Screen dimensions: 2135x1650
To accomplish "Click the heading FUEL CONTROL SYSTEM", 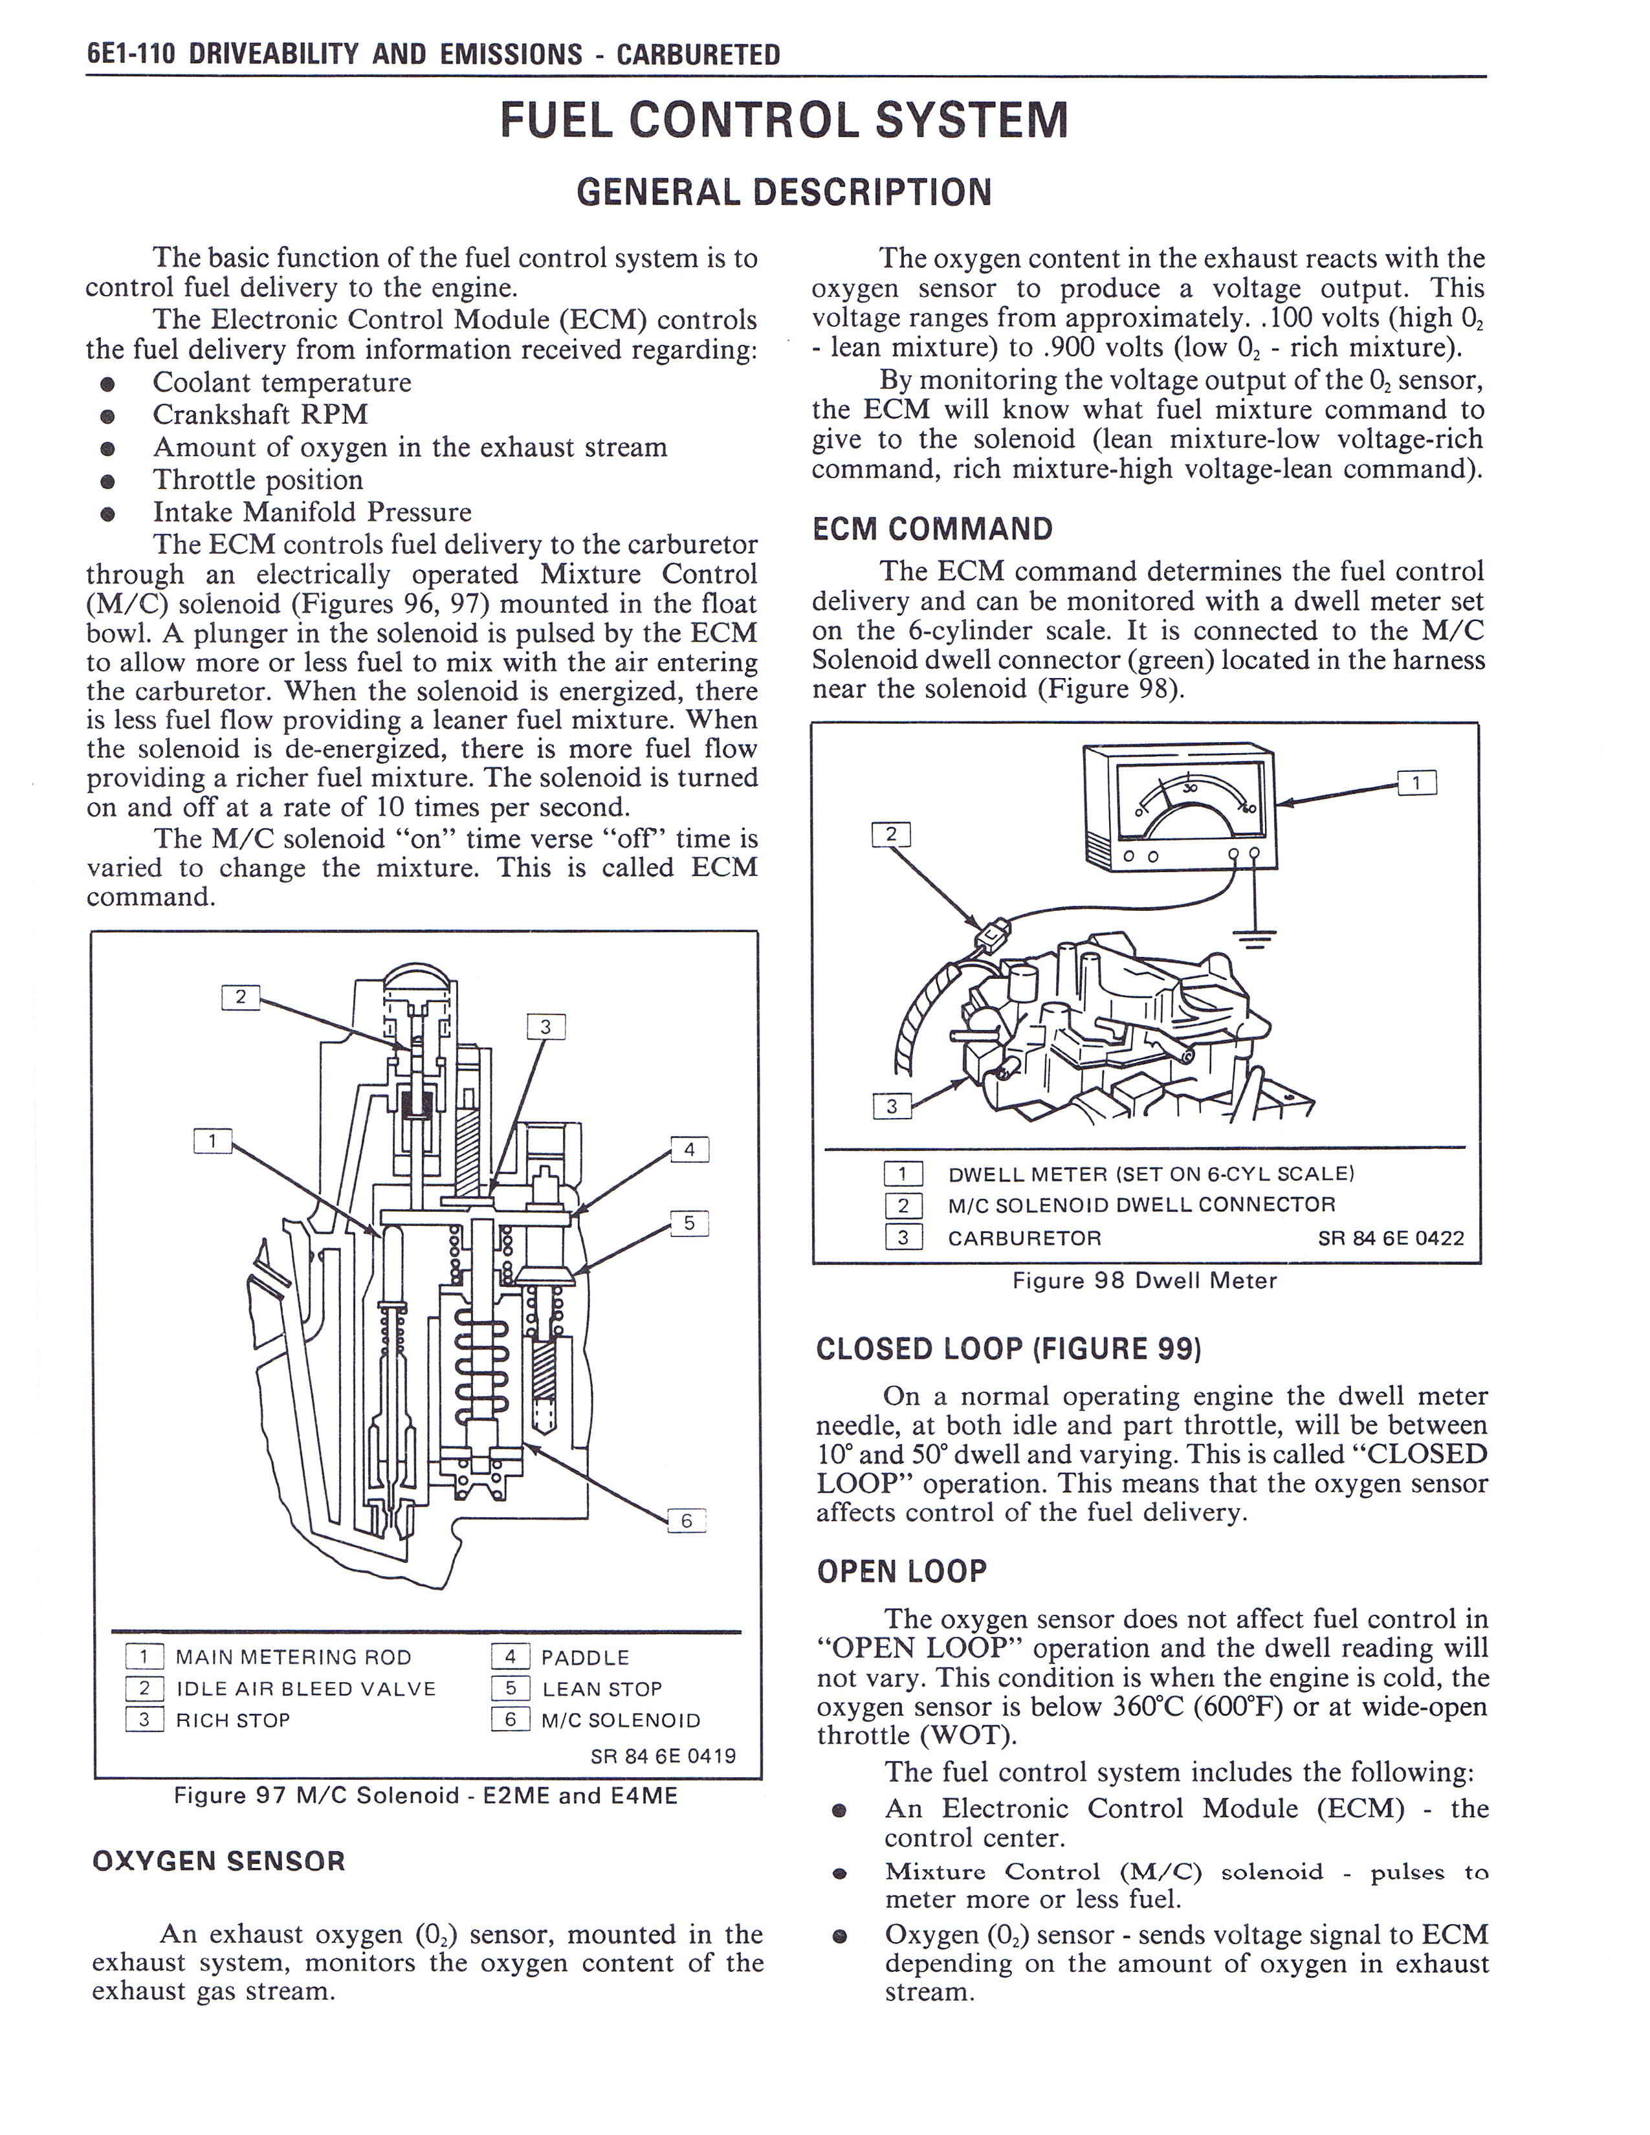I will [x=784, y=121].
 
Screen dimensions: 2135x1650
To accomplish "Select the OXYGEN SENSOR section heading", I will [x=219, y=1860].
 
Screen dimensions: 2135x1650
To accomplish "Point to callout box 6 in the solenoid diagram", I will [x=686, y=1520].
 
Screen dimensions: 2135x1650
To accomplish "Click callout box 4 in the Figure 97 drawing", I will [x=689, y=1150].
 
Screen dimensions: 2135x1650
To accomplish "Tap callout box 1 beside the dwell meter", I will [x=1417, y=782].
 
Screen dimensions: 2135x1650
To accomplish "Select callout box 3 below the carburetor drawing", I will [x=890, y=1106].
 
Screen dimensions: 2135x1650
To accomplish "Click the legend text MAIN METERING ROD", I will [x=293, y=1657].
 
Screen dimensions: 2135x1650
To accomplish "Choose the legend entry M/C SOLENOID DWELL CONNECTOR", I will [x=1141, y=1205].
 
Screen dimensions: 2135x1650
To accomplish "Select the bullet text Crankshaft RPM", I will [x=260, y=415].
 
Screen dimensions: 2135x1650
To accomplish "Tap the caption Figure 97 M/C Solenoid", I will [x=425, y=1796].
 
